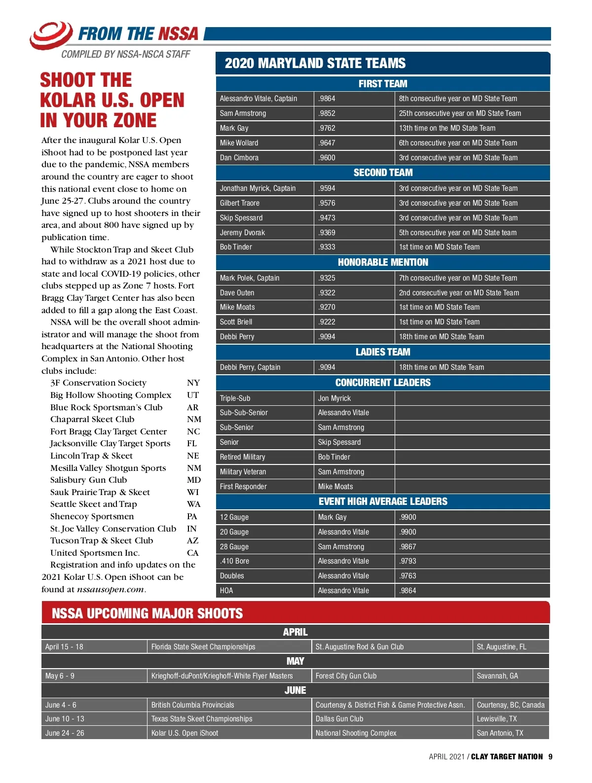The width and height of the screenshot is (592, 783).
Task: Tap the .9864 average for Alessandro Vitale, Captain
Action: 327,99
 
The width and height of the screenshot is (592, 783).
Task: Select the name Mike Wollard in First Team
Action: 239,143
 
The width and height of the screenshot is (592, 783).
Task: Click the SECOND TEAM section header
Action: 383,173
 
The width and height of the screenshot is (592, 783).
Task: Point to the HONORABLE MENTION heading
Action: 383,262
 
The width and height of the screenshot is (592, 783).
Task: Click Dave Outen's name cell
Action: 237,293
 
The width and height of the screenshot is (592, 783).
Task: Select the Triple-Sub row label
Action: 235,398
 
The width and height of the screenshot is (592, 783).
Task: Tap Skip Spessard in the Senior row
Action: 339,442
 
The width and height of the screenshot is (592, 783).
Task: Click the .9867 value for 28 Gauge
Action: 408,547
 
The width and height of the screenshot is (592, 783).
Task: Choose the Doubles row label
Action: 232,576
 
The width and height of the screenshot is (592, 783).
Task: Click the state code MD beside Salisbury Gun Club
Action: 194,480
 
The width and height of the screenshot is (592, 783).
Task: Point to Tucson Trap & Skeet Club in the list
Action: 102,540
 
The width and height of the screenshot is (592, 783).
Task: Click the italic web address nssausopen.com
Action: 111,589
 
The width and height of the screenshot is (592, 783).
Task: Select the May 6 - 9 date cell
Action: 60,676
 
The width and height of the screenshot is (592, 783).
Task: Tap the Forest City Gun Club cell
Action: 346,676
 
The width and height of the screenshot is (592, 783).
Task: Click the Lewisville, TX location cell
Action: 497,719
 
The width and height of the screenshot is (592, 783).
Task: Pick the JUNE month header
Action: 295,690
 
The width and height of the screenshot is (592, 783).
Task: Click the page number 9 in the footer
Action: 550,757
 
